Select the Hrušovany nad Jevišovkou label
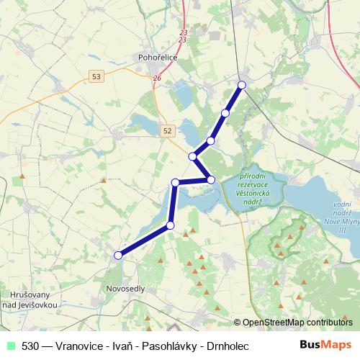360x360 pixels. click(x=30, y=300)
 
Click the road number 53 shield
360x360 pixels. click(x=96, y=75)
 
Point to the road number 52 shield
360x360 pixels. click(x=168, y=130)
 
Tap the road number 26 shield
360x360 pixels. click(x=157, y=78)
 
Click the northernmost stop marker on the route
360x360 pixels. click(x=241, y=85)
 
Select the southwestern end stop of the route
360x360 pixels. click(x=118, y=254)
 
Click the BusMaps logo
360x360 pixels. click(x=325, y=345)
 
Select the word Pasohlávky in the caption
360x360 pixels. click(x=164, y=346)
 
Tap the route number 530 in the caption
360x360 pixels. click(x=31, y=346)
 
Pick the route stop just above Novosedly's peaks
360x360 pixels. click(x=171, y=225)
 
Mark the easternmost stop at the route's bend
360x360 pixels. click(x=211, y=179)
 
